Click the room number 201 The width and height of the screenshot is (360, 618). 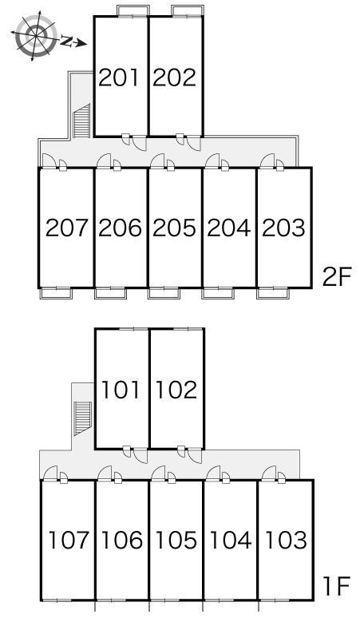point(119,77)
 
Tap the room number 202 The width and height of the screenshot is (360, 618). point(175,77)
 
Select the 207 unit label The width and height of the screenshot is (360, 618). point(66,228)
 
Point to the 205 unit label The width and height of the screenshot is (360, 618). point(174,228)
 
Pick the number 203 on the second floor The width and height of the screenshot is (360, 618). point(283,228)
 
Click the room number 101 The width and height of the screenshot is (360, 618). point(121,390)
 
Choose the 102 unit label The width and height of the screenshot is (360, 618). point(176,390)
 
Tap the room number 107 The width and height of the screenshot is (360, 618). point(69,540)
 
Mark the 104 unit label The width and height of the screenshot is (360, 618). point(231,540)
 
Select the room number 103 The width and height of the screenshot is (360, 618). point(286,540)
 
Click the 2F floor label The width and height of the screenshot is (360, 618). point(336,278)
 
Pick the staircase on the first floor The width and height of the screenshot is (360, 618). point(82,418)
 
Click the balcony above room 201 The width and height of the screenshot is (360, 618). point(134,11)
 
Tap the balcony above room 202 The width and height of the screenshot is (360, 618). point(188,11)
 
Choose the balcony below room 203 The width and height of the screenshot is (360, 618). point(273,294)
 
